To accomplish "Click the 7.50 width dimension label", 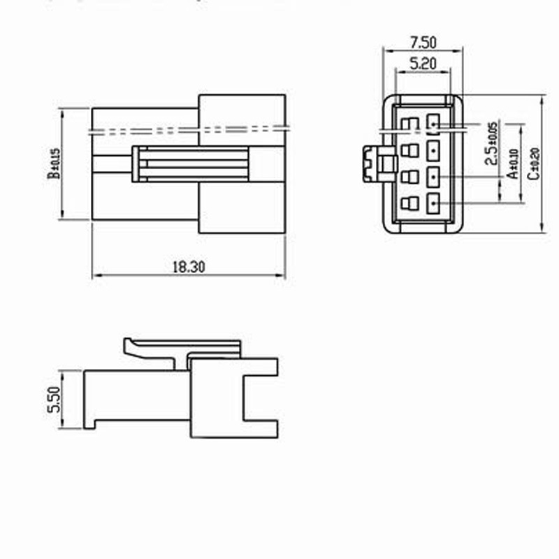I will click(422, 42).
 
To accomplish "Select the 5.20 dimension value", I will click(422, 63).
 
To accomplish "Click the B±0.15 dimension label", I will click(54, 164).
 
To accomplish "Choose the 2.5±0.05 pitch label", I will click(492, 143).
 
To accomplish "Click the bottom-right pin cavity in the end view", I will click(434, 204).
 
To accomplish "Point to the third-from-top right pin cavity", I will click(434, 177).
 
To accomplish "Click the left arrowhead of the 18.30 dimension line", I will click(95, 276).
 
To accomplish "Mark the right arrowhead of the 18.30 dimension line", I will click(282, 276).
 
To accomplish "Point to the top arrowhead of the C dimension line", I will click(543, 99).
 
